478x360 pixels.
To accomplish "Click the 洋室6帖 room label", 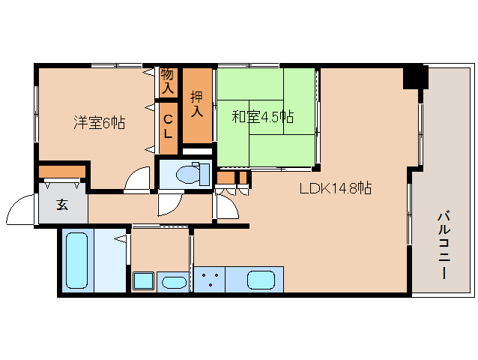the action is click(x=100, y=123).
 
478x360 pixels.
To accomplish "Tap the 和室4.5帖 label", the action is click(x=263, y=116).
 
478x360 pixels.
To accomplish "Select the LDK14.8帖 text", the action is click(x=336, y=188).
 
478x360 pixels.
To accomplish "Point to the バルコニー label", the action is click(x=444, y=245).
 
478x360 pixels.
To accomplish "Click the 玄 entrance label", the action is click(x=62, y=205).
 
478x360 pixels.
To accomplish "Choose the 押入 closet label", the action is click(x=197, y=103).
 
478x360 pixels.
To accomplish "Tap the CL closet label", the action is click(x=168, y=127).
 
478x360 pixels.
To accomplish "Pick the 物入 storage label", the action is click(x=168, y=81).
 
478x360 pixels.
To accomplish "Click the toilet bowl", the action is click(x=193, y=174).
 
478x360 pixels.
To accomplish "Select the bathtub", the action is click(x=77, y=260).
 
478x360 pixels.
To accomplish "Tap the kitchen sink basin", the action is click(x=261, y=280).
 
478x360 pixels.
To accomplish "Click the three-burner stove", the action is click(x=210, y=280).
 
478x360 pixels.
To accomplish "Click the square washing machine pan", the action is click(x=143, y=280).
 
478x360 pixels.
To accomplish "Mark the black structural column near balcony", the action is click(x=416, y=77).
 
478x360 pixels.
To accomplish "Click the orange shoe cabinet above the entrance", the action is click(x=62, y=172).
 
